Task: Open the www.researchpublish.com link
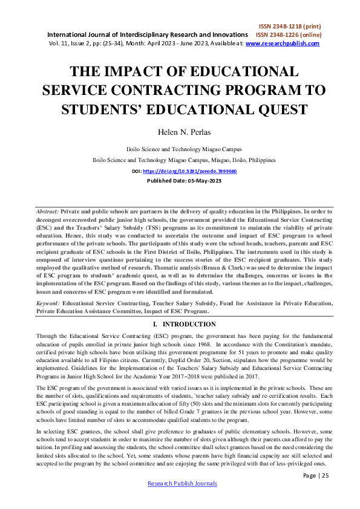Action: coord(279,44)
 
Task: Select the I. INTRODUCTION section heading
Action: coord(180,324)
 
